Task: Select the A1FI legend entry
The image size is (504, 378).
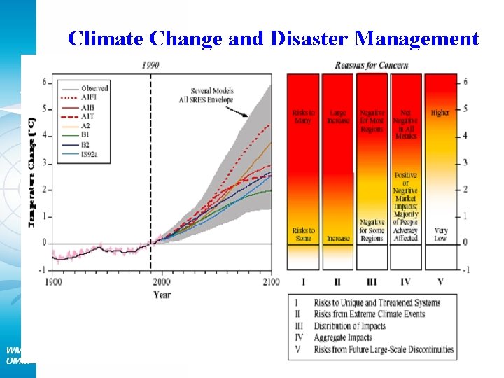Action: (x=89, y=98)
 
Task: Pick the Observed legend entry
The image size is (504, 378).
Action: (x=94, y=88)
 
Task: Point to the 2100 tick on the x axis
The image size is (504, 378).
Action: (x=270, y=281)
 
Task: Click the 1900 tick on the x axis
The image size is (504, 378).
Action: (x=54, y=281)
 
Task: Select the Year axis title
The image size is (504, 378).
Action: (x=162, y=295)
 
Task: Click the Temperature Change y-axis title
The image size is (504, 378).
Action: (x=31, y=171)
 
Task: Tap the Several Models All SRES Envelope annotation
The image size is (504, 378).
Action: (x=211, y=96)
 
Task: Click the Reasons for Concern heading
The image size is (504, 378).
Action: (x=371, y=65)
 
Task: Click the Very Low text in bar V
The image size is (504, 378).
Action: (x=440, y=234)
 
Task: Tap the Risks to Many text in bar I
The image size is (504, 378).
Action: (x=303, y=116)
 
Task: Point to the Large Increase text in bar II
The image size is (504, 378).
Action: (x=337, y=116)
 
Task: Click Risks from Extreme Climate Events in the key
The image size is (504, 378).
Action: (x=369, y=314)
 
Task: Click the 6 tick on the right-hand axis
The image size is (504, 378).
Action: (x=465, y=82)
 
